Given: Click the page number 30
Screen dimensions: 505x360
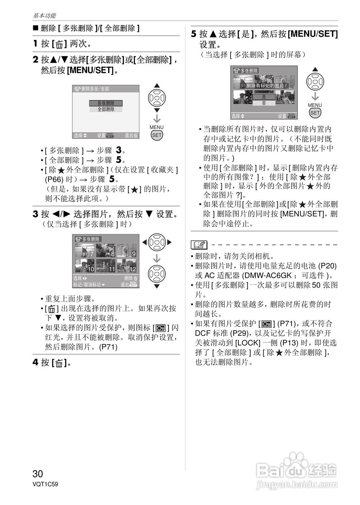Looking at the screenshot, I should point(38,473).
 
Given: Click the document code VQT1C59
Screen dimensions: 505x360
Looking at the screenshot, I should point(45,484).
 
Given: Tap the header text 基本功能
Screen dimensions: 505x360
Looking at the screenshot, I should point(44,16).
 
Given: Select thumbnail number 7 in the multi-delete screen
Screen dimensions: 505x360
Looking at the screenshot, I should point(84,250).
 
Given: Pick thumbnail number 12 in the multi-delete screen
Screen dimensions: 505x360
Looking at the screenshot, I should point(127,266).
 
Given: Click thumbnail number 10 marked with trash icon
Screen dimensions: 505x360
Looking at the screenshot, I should point(84,266).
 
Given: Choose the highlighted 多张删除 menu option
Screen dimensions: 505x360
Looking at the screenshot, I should point(106,103).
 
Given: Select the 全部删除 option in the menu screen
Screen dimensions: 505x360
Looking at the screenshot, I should point(106,109).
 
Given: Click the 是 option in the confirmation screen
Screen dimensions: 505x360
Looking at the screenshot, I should point(264,97).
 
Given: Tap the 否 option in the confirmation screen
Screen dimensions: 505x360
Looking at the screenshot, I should point(264,103).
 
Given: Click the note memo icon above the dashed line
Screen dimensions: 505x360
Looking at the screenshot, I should point(199,245).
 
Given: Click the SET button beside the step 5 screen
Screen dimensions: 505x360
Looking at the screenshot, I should point(315,112).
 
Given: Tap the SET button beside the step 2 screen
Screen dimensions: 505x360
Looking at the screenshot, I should point(157,135).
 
